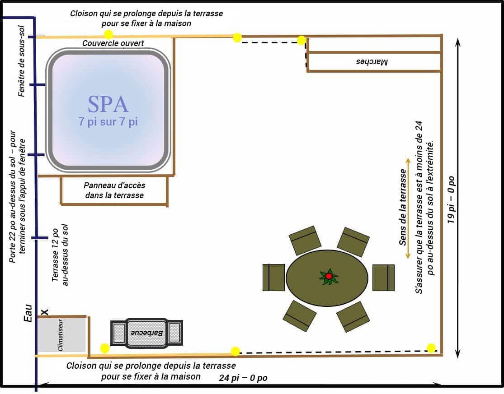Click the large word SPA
[108, 104]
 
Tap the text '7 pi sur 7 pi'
[108, 121]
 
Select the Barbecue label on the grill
[146, 333]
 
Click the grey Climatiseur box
[62, 334]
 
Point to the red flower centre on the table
[329, 276]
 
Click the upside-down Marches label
[372, 61]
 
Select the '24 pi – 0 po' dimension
[243, 378]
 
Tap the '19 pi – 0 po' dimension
[451, 199]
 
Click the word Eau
[28, 313]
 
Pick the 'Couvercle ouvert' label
[113, 43]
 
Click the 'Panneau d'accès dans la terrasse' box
[114, 190]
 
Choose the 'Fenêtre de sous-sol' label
[21, 61]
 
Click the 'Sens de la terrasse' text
[402, 207]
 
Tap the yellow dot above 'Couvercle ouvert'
[108, 34]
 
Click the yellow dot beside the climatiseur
[105, 348]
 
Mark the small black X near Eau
[45, 312]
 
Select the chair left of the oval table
[273, 278]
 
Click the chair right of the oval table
[383, 278]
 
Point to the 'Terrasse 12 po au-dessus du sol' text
[60, 255]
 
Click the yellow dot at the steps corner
[301, 41]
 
